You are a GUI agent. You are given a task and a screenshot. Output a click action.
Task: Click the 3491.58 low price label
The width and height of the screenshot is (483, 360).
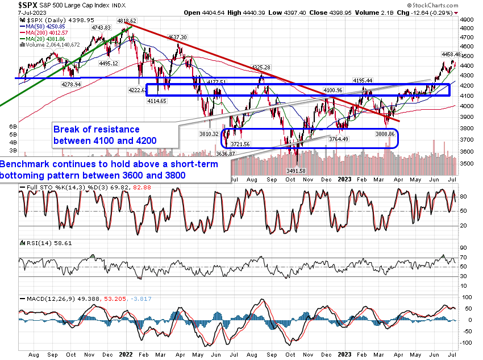coord(295,171)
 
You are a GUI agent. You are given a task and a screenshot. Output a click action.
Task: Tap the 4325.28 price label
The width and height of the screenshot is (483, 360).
coord(261,67)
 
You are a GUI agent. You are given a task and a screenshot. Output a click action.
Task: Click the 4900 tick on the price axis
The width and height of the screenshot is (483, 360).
coord(467,19)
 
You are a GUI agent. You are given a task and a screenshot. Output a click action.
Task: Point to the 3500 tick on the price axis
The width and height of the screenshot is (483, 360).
coord(467,163)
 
